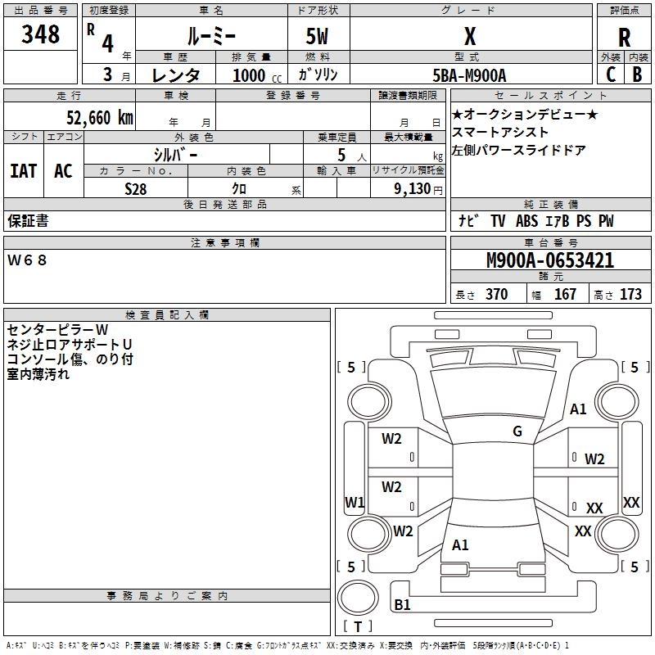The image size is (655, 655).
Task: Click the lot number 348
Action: point(41,34)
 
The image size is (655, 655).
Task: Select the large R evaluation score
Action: point(624,38)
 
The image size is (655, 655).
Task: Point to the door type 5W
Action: point(318,36)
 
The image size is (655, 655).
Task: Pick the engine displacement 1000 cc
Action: point(253,75)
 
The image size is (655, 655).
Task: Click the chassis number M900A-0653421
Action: point(549,260)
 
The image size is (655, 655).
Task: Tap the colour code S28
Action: point(136,188)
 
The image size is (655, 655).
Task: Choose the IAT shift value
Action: point(23,171)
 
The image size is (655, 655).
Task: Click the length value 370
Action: point(496,295)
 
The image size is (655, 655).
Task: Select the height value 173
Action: point(630,295)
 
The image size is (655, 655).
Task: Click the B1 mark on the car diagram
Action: point(402,605)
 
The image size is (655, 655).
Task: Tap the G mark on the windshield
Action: point(517,431)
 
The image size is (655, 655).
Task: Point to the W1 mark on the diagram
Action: point(355,502)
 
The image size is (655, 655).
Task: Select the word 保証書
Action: point(28,221)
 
